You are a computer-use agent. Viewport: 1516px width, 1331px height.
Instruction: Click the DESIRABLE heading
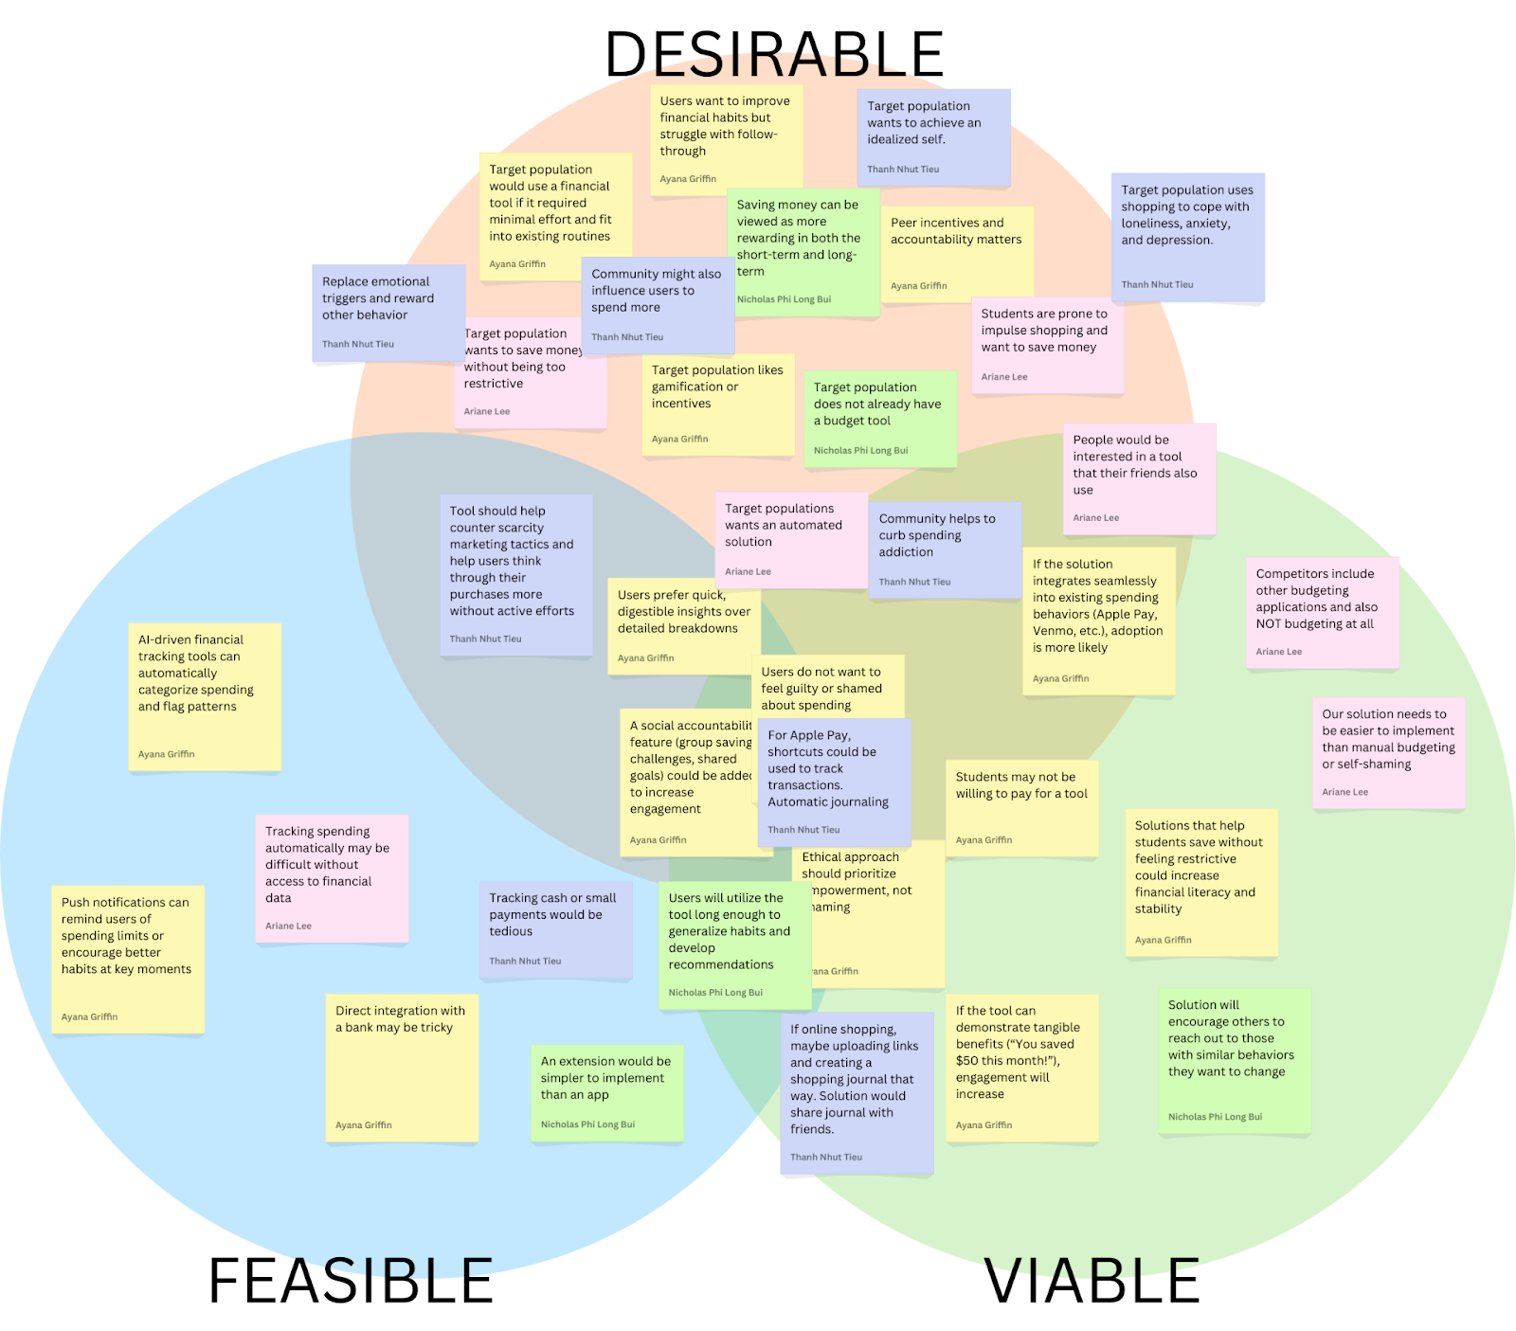[x=774, y=54]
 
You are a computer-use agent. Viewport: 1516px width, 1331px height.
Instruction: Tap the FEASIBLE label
[x=351, y=1281]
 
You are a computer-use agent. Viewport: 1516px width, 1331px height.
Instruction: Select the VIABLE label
[x=1092, y=1281]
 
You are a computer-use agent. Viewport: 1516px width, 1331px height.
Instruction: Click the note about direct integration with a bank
[x=402, y=1067]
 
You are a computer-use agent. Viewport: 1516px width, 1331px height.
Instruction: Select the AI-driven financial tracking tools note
[x=205, y=695]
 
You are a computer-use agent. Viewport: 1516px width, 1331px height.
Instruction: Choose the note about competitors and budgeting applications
[x=1322, y=611]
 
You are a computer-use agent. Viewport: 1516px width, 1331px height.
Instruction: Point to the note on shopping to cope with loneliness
[x=1187, y=237]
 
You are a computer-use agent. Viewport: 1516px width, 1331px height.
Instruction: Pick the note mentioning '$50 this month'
[x=1021, y=1067]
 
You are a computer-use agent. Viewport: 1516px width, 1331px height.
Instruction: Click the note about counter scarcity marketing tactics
[x=516, y=574]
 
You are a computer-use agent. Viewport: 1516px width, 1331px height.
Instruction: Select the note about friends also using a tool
[x=1139, y=477]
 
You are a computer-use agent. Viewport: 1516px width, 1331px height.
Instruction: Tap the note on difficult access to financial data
[x=332, y=877]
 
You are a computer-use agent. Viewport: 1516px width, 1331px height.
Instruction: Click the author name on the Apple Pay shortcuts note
[x=803, y=830]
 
